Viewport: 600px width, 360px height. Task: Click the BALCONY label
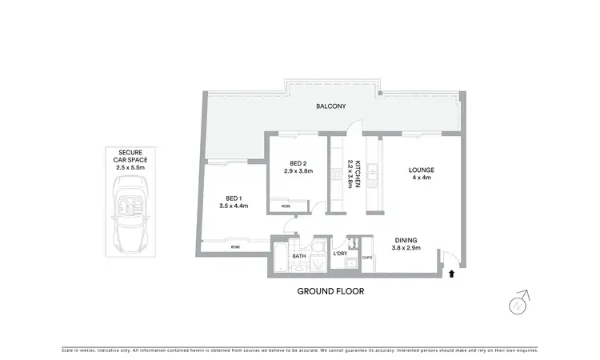tap(330, 105)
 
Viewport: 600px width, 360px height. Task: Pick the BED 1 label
tap(234, 198)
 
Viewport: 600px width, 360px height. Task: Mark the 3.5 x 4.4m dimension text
tap(234, 206)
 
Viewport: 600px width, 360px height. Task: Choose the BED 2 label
tap(298, 162)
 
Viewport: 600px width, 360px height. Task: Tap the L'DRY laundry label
tap(340, 254)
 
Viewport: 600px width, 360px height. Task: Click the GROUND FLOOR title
tap(330, 291)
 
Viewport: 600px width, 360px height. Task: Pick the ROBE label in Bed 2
tap(286, 206)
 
